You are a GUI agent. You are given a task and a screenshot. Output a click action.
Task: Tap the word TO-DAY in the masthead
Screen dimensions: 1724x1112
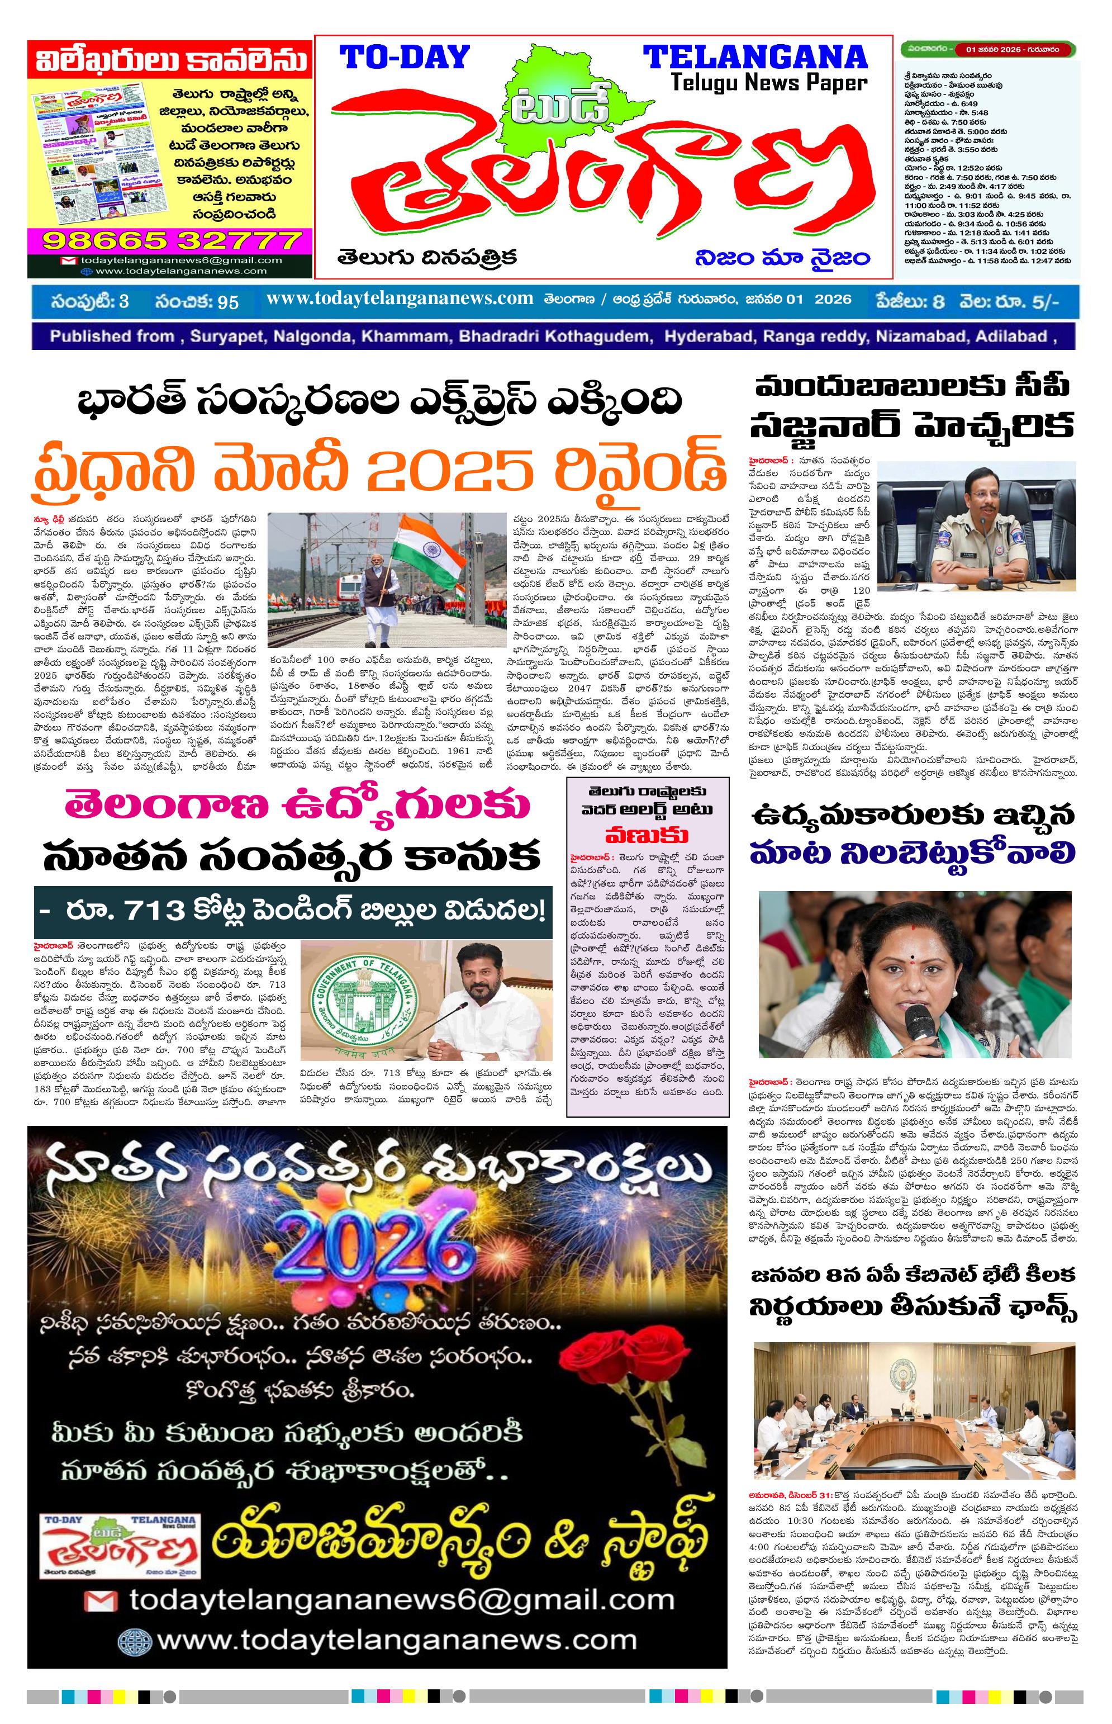coord(405,57)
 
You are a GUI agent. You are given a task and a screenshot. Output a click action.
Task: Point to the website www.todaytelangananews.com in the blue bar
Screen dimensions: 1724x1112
coord(400,299)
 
